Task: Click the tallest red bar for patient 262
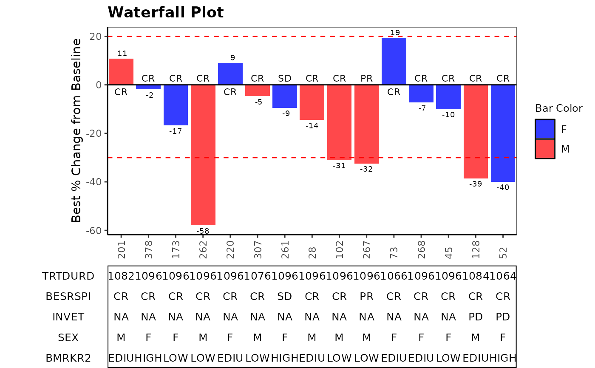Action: tap(203, 155)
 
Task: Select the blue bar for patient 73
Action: tap(394, 61)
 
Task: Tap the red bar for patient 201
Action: tap(121, 71)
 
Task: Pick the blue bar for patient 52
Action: tap(503, 133)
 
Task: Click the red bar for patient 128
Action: tap(476, 131)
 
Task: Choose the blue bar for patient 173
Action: tap(176, 105)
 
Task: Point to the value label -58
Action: tap(203, 231)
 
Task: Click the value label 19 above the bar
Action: tap(395, 33)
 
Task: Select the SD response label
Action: tap(285, 79)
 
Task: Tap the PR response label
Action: tap(367, 79)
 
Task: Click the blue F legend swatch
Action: tap(545, 129)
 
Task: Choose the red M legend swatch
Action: tap(545, 149)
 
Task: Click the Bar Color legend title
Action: tap(559, 108)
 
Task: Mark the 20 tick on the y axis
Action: tap(96, 37)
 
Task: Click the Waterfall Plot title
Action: tap(166, 12)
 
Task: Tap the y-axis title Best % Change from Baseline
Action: tap(76, 130)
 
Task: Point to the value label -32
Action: tap(366, 169)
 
